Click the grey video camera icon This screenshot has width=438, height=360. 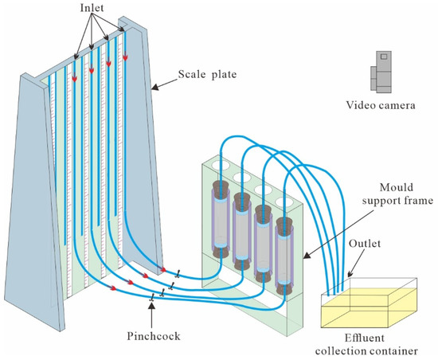click(x=381, y=69)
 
